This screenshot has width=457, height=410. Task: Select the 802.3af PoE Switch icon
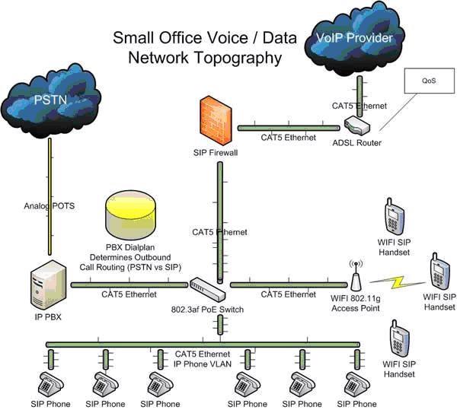[x=209, y=288]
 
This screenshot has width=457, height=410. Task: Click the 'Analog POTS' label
[x=50, y=205]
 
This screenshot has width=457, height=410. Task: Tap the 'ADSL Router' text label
[x=357, y=143]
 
